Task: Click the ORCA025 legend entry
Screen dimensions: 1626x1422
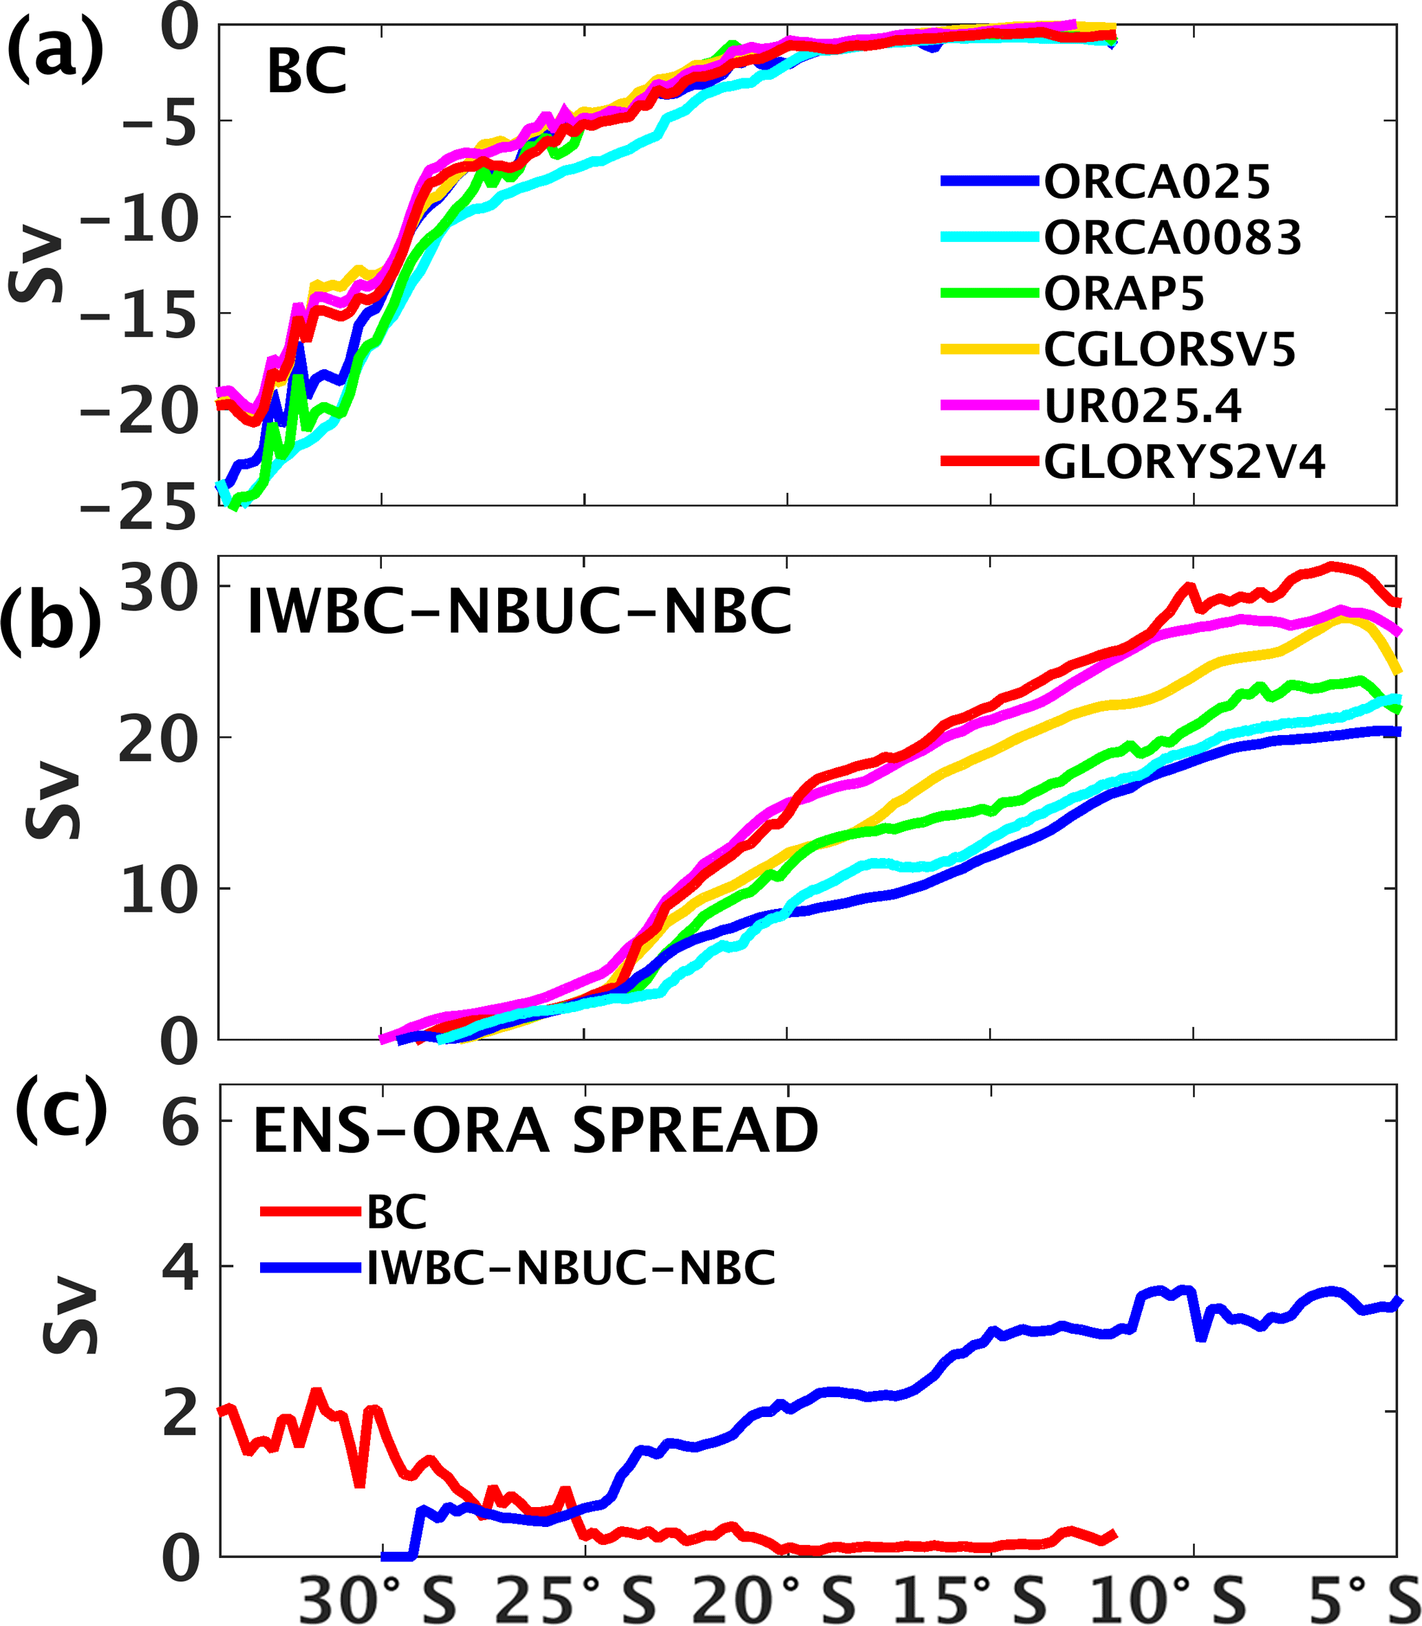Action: (x=1156, y=182)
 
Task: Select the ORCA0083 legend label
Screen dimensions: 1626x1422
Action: (x=1172, y=238)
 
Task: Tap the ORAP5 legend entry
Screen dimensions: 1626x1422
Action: (x=1123, y=294)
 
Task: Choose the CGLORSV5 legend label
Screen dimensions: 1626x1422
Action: (x=1169, y=350)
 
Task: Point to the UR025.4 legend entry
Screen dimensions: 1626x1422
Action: (x=1142, y=406)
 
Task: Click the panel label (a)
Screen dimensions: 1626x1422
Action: (x=54, y=50)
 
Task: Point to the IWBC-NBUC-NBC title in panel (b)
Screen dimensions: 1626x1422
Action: (x=520, y=613)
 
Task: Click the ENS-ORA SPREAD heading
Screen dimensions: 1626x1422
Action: (x=536, y=1130)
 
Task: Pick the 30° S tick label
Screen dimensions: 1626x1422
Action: (x=377, y=1598)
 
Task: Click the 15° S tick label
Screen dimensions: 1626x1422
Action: (x=970, y=1598)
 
